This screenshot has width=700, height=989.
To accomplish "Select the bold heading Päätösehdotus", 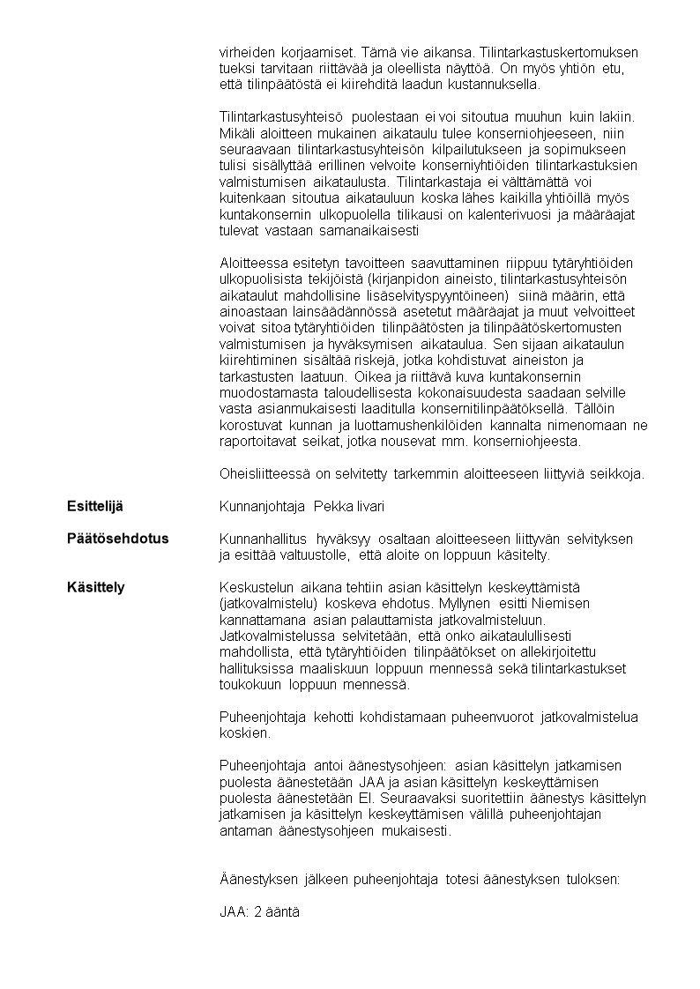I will tap(117, 539).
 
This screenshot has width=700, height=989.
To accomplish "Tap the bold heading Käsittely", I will tap(96, 587).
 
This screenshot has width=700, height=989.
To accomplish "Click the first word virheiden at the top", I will tap(246, 53).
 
